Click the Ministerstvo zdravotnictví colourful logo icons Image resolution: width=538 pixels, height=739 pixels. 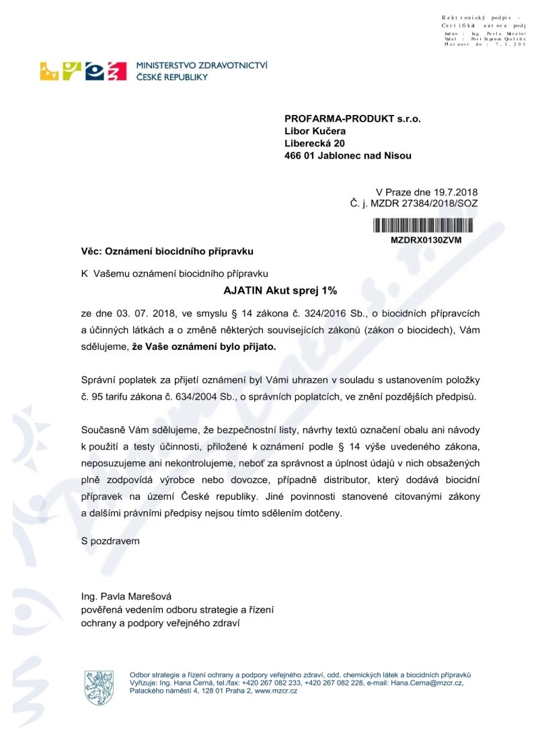[84, 71]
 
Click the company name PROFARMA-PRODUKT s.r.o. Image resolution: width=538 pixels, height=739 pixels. [352, 118]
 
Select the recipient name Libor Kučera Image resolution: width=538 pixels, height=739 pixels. [315, 131]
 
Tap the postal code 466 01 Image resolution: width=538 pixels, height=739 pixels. [301, 156]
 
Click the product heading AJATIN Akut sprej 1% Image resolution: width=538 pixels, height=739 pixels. [279, 291]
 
